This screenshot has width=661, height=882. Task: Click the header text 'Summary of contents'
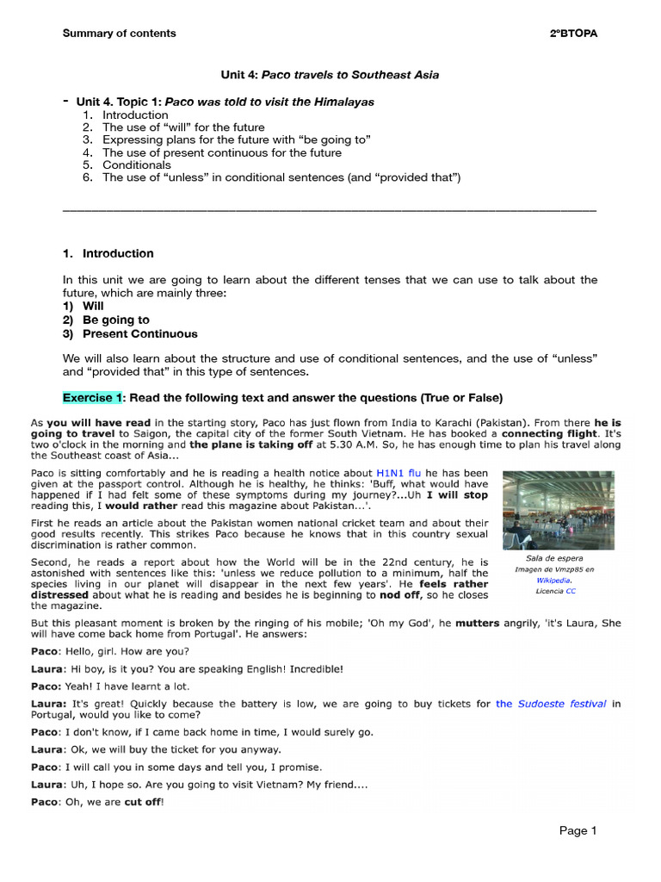click(x=119, y=34)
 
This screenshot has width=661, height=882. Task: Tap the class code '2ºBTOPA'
click(x=573, y=34)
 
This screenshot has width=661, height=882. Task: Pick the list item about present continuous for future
click(x=221, y=152)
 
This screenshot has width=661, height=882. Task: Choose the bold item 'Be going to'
click(x=115, y=320)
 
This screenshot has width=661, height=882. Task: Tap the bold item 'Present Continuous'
click(x=139, y=333)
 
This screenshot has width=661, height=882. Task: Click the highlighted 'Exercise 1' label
click(x=92, y=397)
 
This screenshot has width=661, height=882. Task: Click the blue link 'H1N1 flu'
click(x=398, y=473)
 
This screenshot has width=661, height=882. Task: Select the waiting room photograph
click(x=558, y=510)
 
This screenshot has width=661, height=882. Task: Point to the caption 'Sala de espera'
click(x=554, y=558)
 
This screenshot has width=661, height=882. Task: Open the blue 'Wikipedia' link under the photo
click(x=553, y=581)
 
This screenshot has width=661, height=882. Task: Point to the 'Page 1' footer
click(x=577, y=831)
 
